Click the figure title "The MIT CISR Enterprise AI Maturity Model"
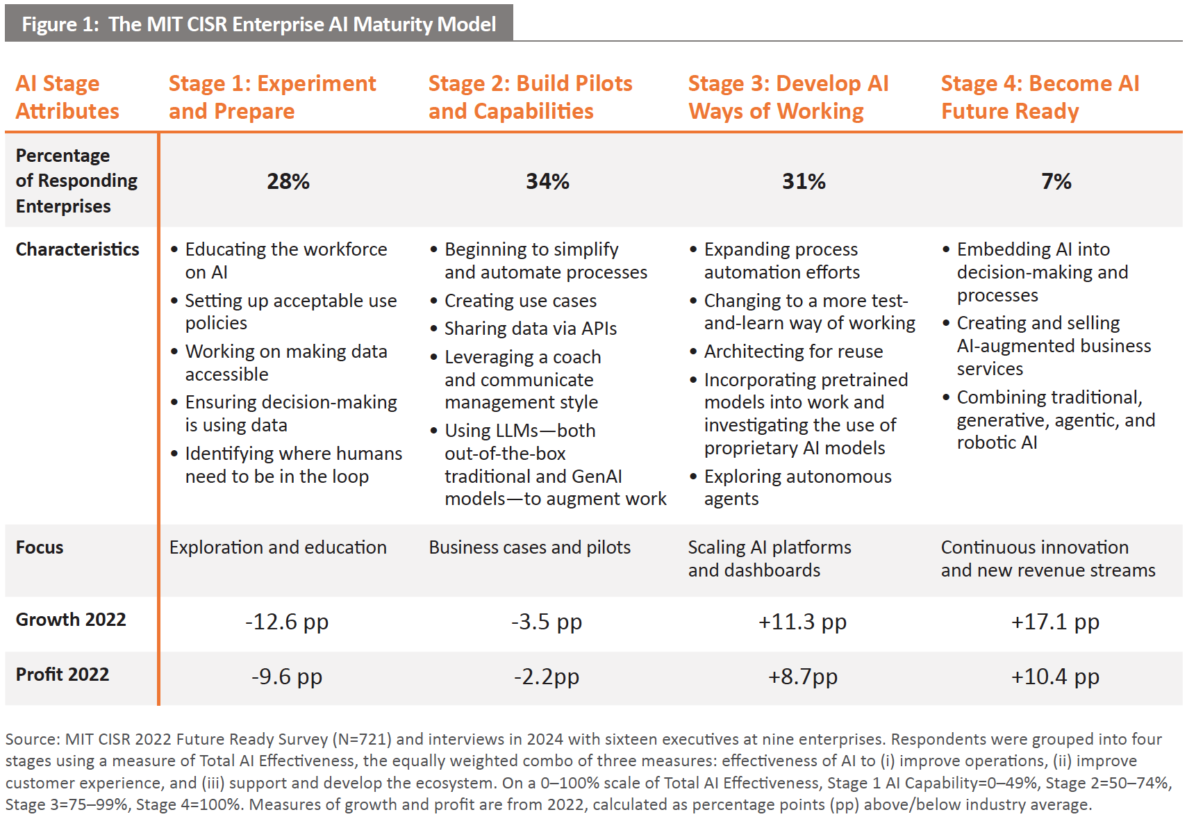[x=301, y=24]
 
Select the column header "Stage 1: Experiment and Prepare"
[x=272, y=97]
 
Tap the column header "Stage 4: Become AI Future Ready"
[x=1040, y=97]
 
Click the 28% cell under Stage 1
[x=288, y=181]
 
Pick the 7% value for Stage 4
[x=1056, y=181]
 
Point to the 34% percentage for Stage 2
[x=547, y=181]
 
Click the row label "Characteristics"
[x=77, y=249]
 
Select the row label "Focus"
[x=40, y=547]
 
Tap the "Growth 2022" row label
[x=71, y=620]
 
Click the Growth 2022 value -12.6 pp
[x=286, y=622]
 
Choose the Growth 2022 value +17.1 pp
[x=1054, y=622]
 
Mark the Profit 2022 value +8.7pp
[x=802, y=677]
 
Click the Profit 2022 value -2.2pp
[x=546, y=677]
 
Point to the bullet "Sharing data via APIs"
[x=530, y=329]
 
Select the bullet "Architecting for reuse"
[x=793, y=351]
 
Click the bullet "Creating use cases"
[x=520, y=301]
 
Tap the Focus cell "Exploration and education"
[x=278, y=547]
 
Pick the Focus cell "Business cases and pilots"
[x=529, y=547]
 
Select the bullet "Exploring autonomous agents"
[x=797, y=488]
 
